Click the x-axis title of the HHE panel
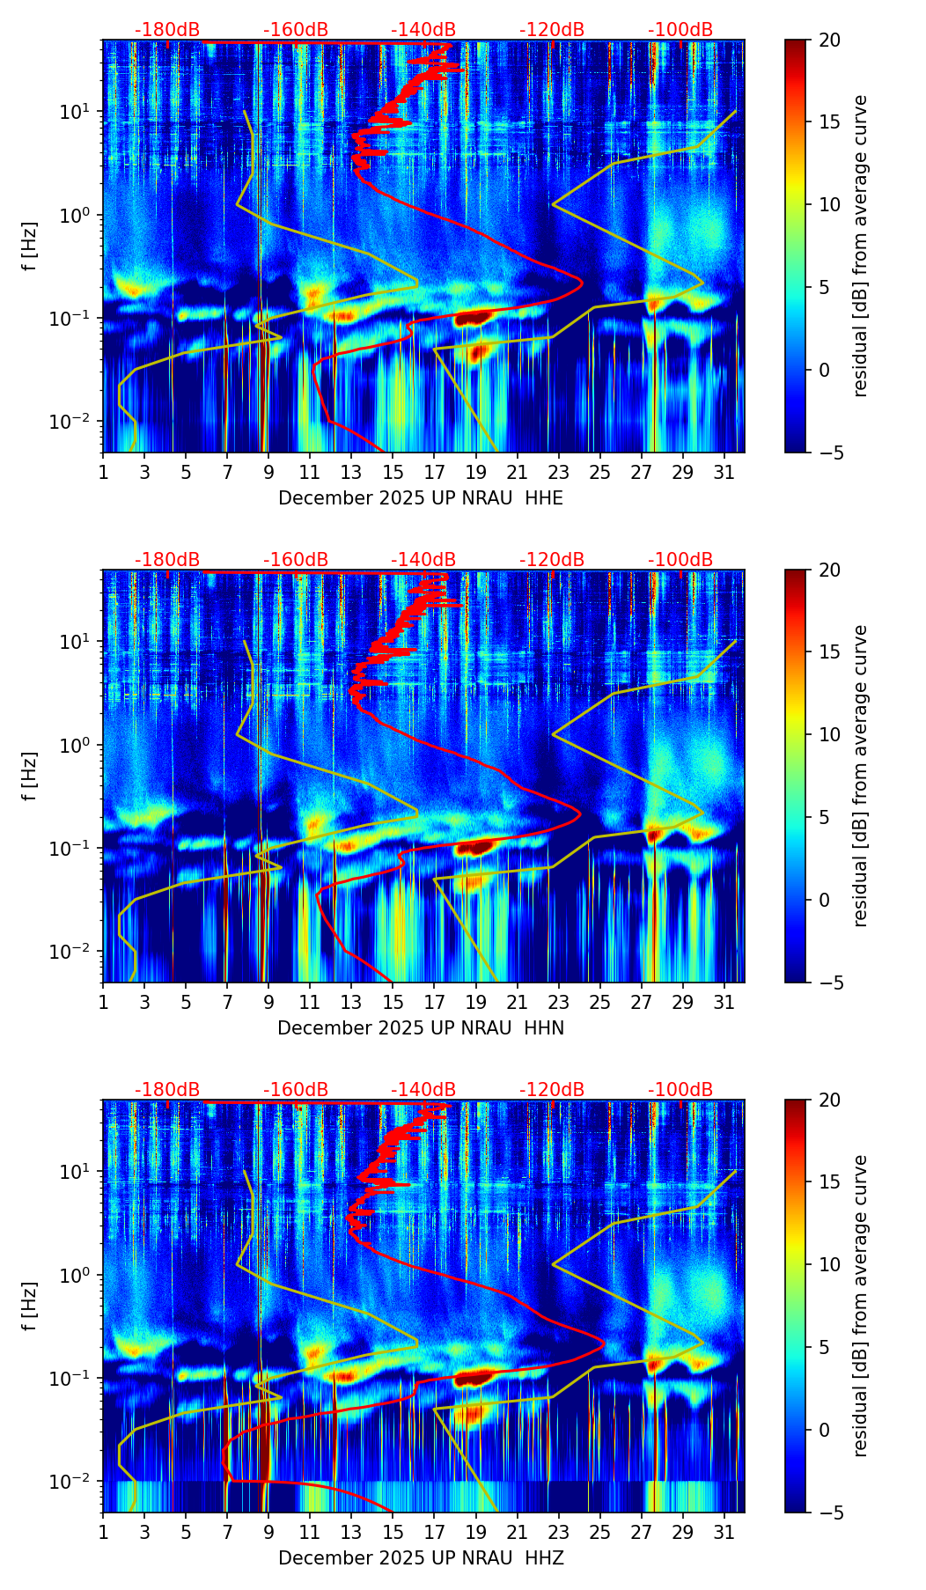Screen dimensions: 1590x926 pyautogui.click(x=421, y=498)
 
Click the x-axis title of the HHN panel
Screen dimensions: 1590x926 pyautogui.click(x=421, y=1028)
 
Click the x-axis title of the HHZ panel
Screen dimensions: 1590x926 pyautogui.click(x=421, y=1558)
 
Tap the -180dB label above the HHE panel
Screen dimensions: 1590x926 pyautogui.click(x=167, y=30)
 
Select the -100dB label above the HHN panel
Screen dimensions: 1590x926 pyautogui.click(x=680, y=560)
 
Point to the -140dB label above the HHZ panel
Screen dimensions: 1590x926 pyautogui.click(x=423, y=1090)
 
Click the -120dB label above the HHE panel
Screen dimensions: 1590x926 pyautogui.click(x=552, y=30)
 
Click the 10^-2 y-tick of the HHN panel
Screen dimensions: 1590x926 pyautogui.click(x=76, y=952)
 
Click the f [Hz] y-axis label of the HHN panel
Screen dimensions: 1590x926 pyautogui.click(x=31, y=776)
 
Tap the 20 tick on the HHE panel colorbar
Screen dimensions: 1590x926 pyautogui.click(x=827, y=40)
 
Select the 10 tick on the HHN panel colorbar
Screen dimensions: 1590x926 pyautogui.click(x=827, y=734)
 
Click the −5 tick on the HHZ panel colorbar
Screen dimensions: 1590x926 pyautogui.click(x=827, y=1512)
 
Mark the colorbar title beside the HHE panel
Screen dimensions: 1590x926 pyautogui.click(x=860, y=246)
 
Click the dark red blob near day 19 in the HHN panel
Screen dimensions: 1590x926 pyautogui.click(x=474, y=848)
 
